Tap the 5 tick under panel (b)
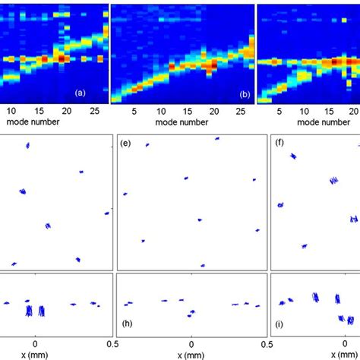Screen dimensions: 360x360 [134, 110]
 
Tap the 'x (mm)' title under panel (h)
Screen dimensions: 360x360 [191, 355]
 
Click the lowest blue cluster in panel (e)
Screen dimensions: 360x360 [202, 265]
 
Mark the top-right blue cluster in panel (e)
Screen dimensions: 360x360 [216, 138]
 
